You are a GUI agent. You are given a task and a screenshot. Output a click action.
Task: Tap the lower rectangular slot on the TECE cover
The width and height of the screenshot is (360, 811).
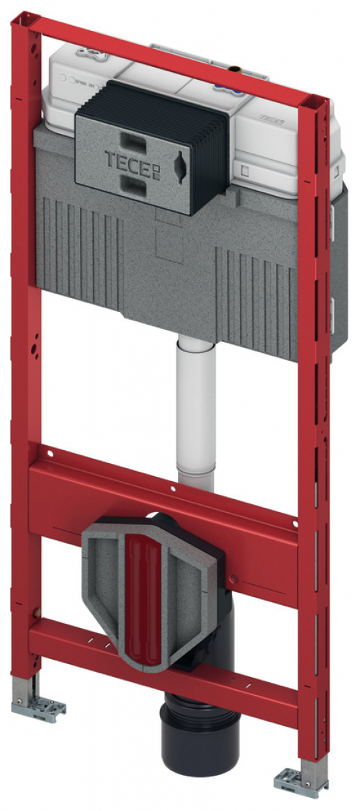(133, 188)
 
